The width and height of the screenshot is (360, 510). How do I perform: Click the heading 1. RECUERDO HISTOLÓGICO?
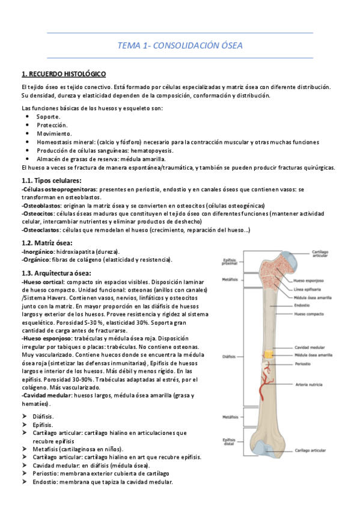click(64, 74)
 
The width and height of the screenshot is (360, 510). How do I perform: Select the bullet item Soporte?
click(48, 116)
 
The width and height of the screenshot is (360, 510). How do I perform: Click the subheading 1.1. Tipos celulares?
click(51, 180)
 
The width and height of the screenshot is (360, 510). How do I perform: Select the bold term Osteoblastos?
click(41, 204)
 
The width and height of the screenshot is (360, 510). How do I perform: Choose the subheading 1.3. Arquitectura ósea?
click(58, 272)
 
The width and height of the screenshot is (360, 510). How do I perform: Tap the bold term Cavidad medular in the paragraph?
click(46, 396)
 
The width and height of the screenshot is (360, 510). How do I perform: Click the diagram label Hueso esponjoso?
click(310, 280)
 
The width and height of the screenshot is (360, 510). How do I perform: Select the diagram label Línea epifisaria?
click(309, 289)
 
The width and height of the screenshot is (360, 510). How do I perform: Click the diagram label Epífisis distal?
click(229, 442)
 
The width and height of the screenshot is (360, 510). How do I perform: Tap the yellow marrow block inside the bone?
click(268, 355)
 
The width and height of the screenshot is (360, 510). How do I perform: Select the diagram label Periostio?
click(304, 364)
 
